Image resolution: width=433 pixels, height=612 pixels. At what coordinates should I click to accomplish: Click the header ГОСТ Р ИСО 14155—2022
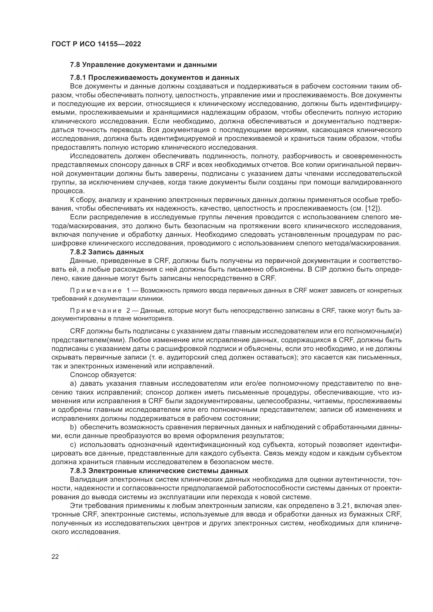click(96, 44)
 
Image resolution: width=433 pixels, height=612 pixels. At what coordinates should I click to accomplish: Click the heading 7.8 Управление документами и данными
click(143, 65)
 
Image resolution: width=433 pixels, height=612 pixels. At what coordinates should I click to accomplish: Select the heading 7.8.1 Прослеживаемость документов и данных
click(154, 77)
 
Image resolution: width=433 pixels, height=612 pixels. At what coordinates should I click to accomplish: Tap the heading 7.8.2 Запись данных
click(107, 252)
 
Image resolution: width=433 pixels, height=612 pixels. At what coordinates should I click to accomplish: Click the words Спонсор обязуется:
click(103, 375)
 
